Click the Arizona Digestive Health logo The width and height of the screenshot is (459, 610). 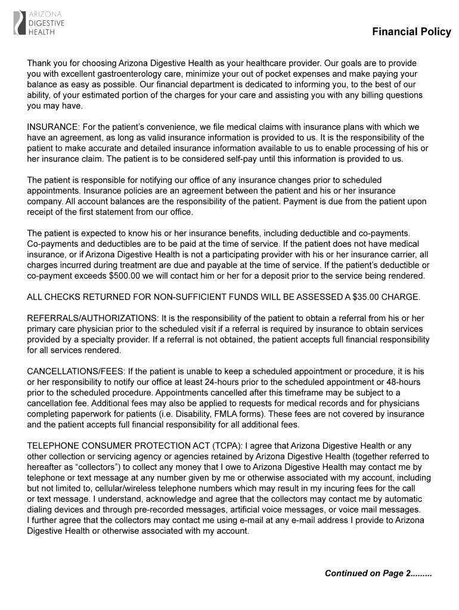pyautogui.click(x=39, y=23)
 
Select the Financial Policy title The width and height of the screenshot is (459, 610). pyautogui.click(x=411, y=32)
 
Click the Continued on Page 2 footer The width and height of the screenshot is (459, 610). pyautogui.click(x=378, y=573)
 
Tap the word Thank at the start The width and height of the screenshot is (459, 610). pyautogui.click(x=39, y=63)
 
